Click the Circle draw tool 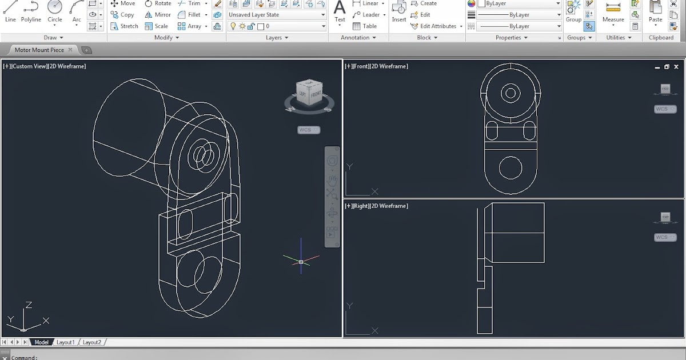[x=55, y=11]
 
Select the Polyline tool [x=31, y=11]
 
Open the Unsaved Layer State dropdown [x=277, y=15]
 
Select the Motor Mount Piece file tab [x=39, y=50]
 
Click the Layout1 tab [x=65, y=342]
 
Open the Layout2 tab [x=91, y=342]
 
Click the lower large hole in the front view [x=510, y=168]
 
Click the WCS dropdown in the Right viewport [x=665, y=237]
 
